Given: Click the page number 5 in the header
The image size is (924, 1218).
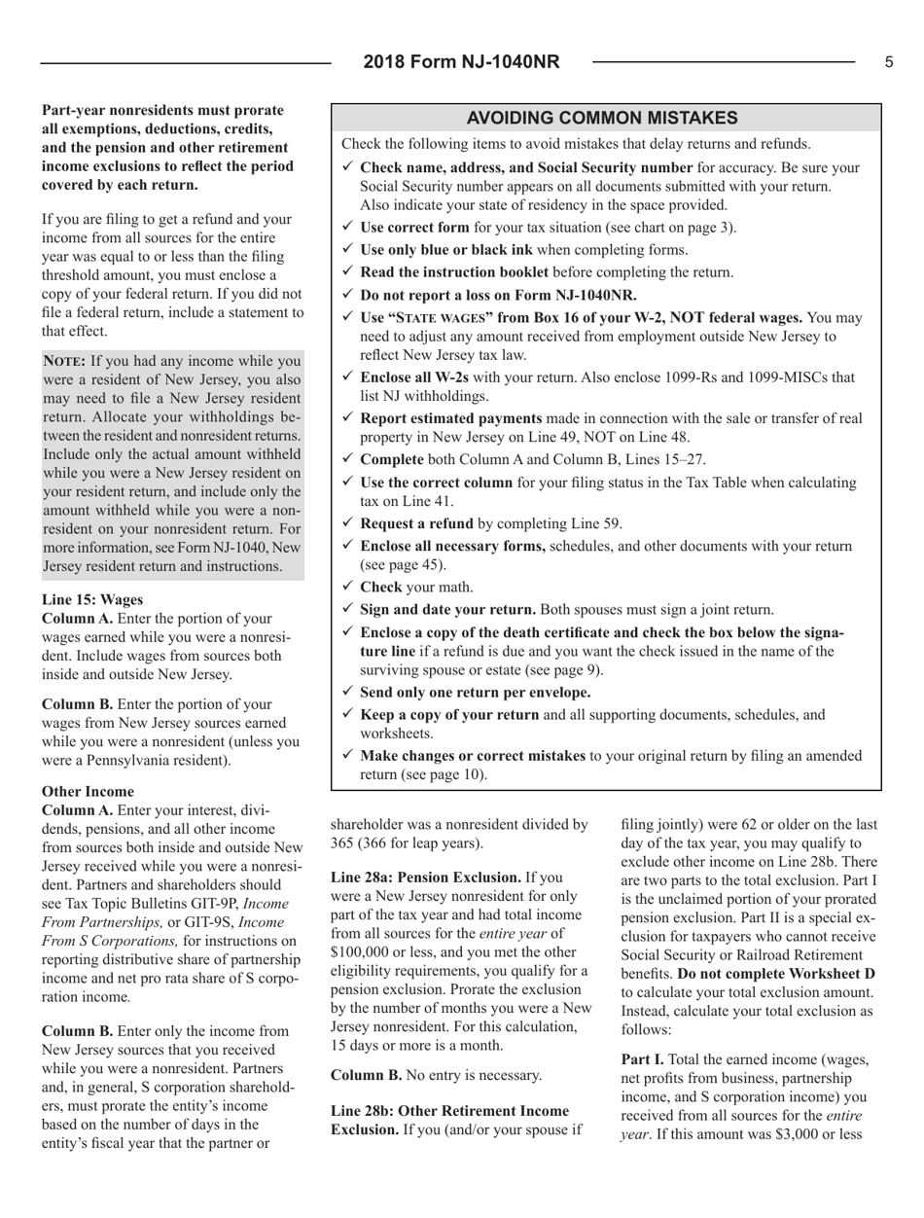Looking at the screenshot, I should point(889,62).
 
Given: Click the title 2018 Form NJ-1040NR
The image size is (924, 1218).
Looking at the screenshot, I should point(462,62).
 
